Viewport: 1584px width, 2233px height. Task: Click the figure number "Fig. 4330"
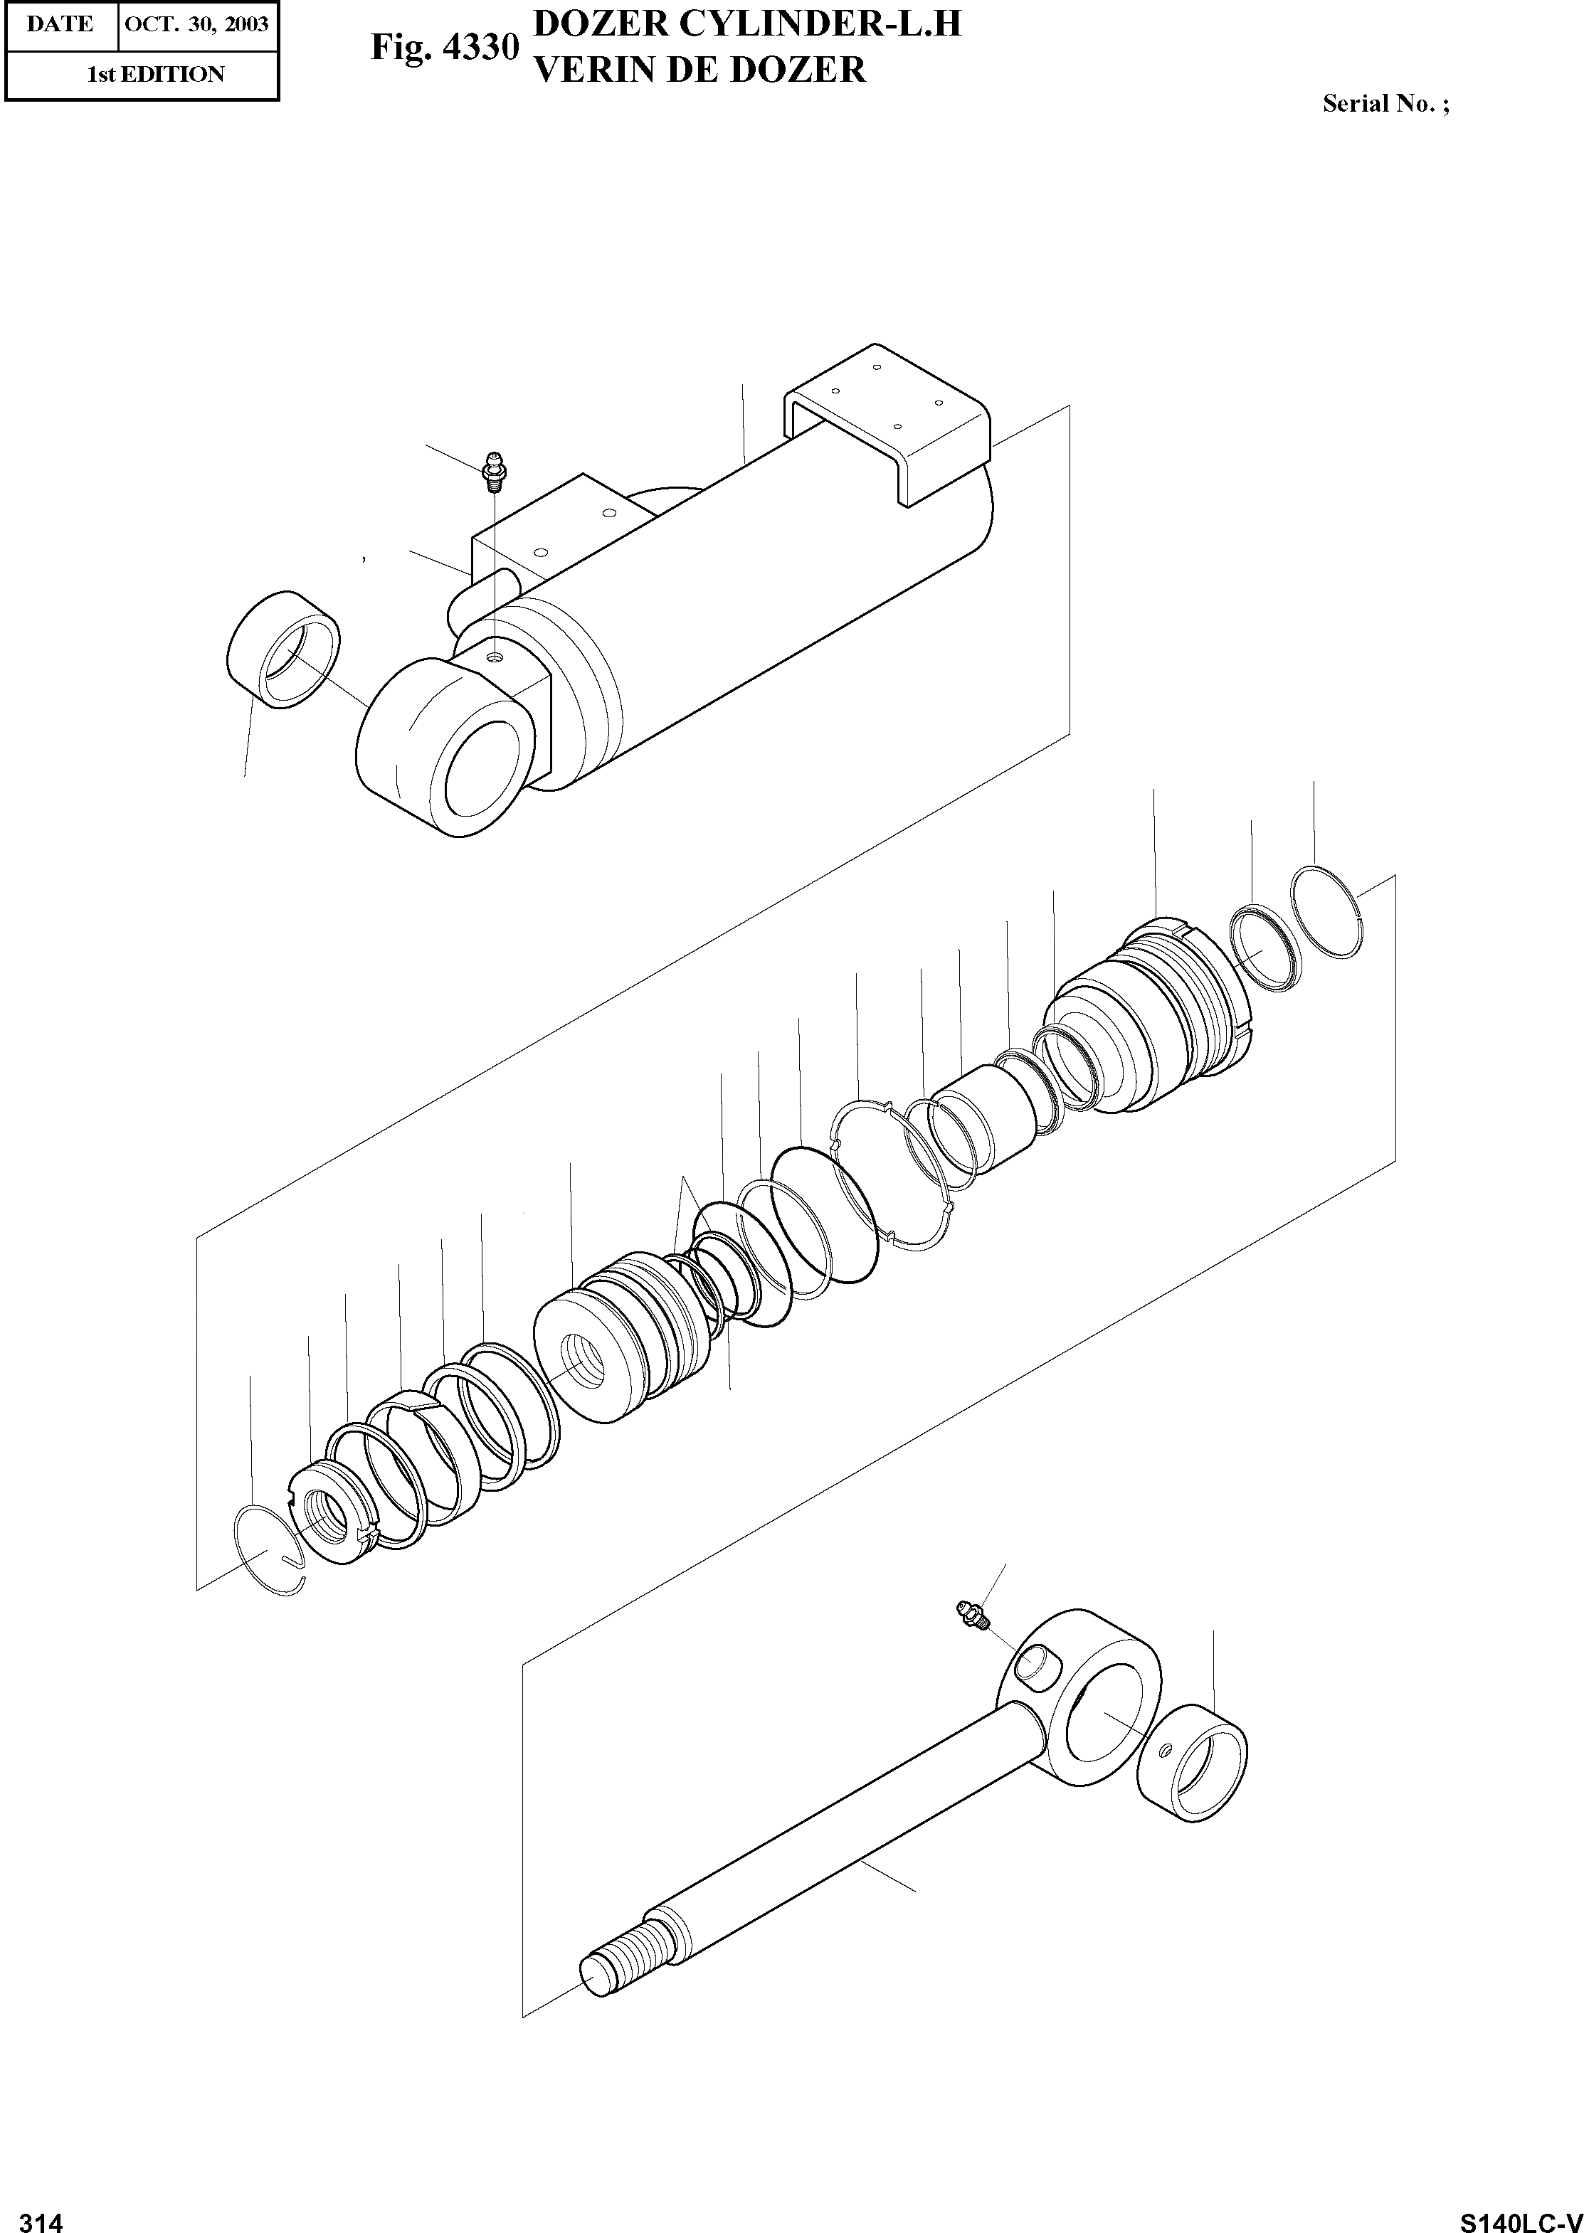point(444,48)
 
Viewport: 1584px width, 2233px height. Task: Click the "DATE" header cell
point(60,24)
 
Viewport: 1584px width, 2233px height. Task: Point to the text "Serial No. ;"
point(1385,105)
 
